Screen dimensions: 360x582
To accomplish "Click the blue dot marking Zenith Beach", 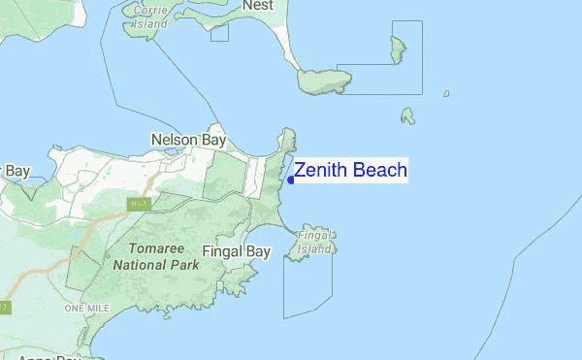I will pyautogui.click(x=291, y=180).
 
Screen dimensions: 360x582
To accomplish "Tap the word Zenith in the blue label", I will pyautogui.click(x=321, y=171).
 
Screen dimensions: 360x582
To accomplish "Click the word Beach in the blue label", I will pyautogui.click(x=379, y=171).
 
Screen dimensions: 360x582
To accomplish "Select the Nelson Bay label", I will pyautogui.click(x=188, y=141).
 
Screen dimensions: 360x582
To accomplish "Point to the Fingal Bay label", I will pyautogui.click(x=236, y=252).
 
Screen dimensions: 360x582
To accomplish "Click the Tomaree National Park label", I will pyautogui.click(x=150, y=255).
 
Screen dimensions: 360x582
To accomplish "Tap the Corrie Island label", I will pyautogui.click(x=150, y=16).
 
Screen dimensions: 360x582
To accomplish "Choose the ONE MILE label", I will pyautogui.click(x=86, y=308).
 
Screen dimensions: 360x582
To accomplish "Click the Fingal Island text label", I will pyautogui.click(x=315, y=242).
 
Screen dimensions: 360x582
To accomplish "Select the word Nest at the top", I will pyautogui.click(x=258, y=6).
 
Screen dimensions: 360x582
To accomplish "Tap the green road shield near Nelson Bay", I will pyautogui.click(x=135, y=204).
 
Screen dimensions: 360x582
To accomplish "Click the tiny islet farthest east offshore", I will pyautogui.click(x=446, y=93).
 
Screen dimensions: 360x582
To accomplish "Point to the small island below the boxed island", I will pyautogui.click(x=408, y=116).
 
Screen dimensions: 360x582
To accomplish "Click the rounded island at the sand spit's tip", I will pyautogui.click(x=316, y=82).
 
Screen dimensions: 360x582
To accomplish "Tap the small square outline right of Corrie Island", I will pyautogui.click(x=219, y=32).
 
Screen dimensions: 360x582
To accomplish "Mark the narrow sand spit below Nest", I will pyautogui.click(x=282, y=44).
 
